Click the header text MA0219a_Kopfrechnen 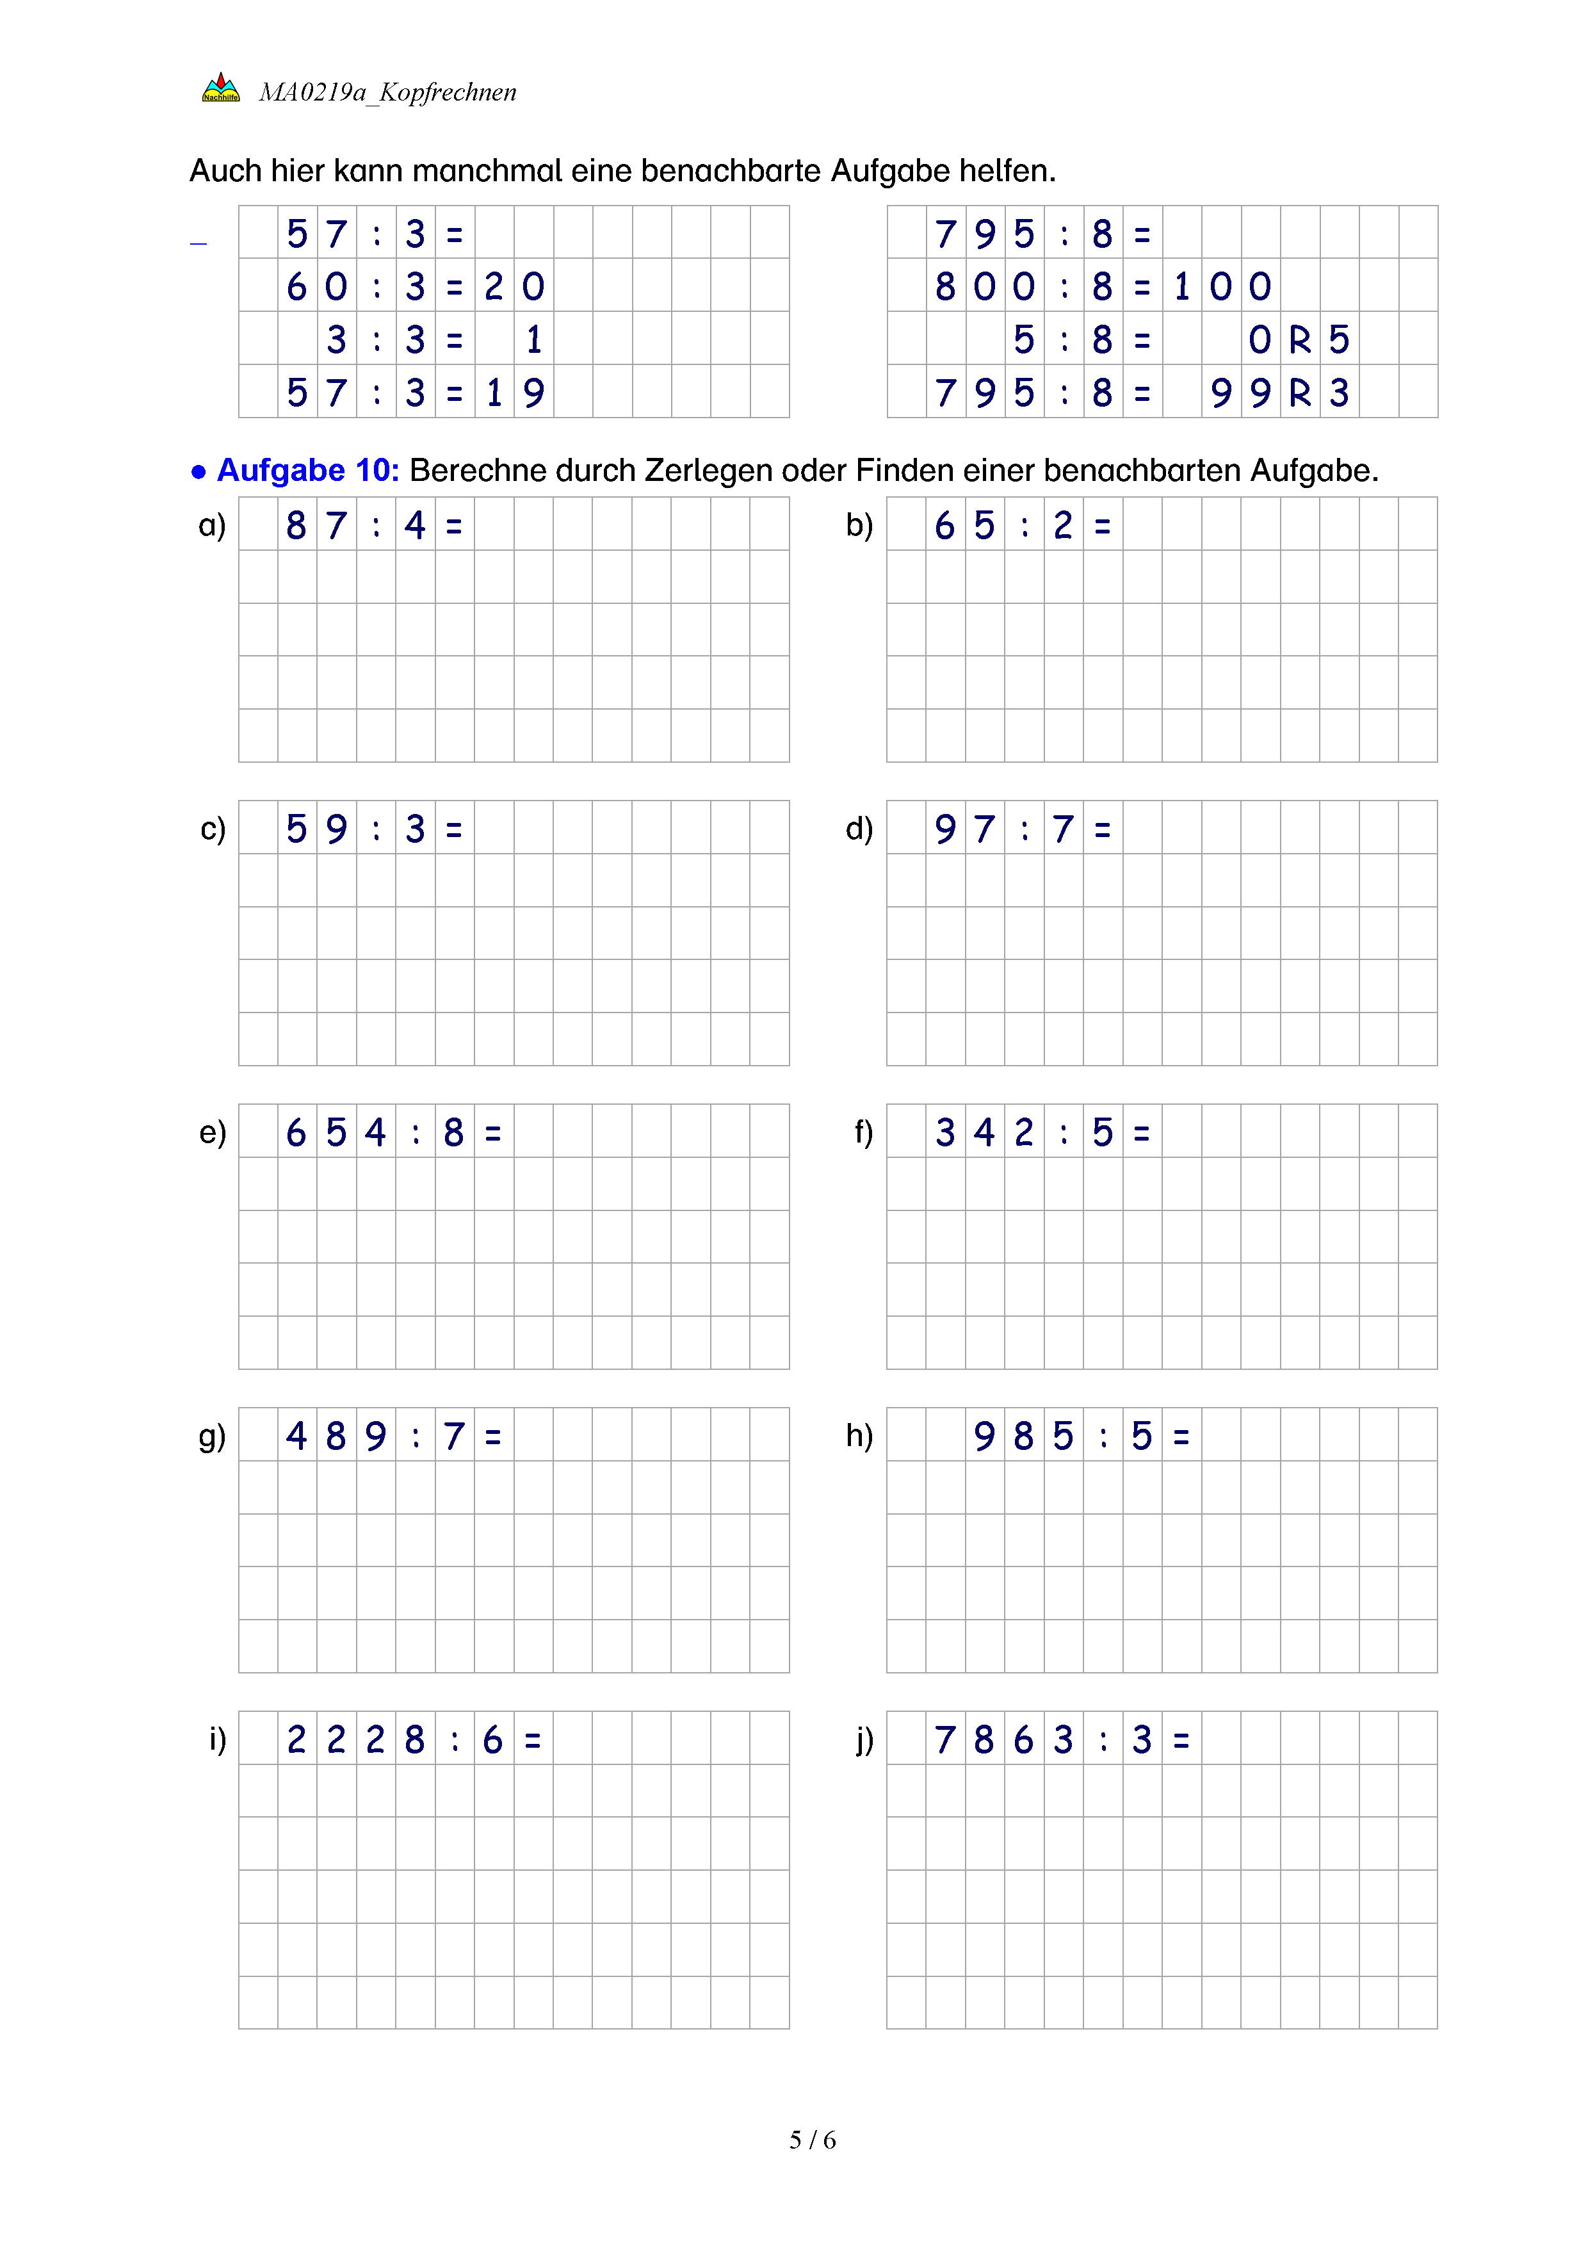(387, 92)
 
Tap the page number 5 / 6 (813, 2140)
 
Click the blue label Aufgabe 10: (308, 471)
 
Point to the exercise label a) (211, 525)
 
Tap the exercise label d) (859, 829)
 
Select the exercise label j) (863, 1740)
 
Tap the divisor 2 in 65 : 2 (1063, 526)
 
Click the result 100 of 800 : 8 (1221, 287)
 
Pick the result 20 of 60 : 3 (514, 287)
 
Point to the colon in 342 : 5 (1064, 1134)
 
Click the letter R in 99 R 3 (1300, 393)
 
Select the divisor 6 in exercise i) (493, 1740)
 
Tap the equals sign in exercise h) (1181, 1437)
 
